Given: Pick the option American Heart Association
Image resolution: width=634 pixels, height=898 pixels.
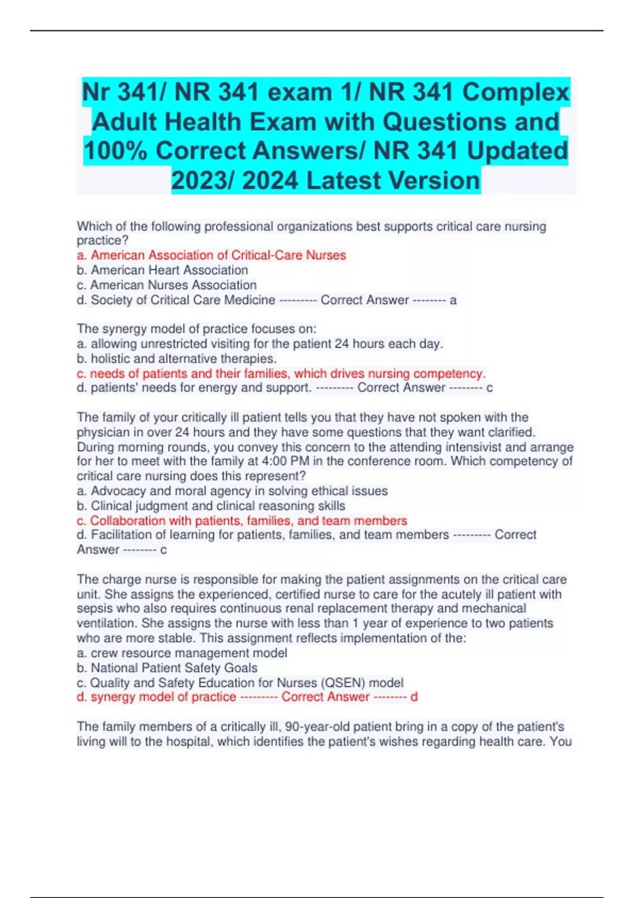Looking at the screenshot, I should click(x=169, y=270).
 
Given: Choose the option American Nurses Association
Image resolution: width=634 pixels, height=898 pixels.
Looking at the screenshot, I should click(x=173, y=285).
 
